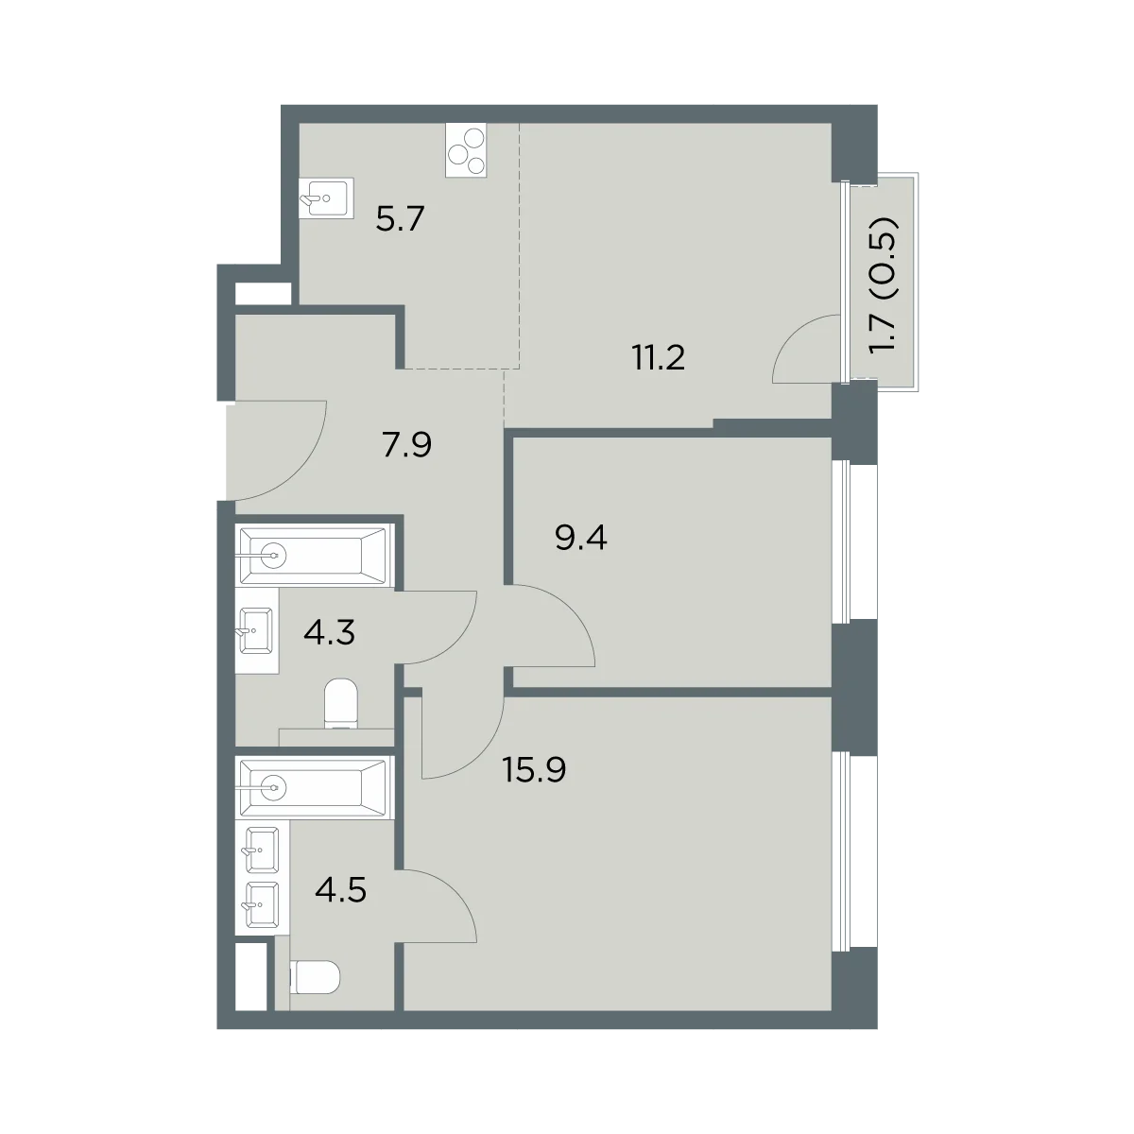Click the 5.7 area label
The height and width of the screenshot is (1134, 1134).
click(x=400, y=219)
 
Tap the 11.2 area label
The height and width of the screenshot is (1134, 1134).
click(x=659, y=357)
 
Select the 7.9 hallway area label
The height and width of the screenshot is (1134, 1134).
click(x=406, y=444)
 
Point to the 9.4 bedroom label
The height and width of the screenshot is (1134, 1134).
click(x=581, y=538)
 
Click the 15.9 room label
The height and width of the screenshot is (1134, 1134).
click(x=534, y=769)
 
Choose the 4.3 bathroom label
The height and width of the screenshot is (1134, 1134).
click(x=330, y=632)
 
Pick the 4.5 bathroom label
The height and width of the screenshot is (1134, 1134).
click(x=341, y=889)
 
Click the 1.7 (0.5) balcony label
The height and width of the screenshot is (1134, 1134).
click(x=884, y=284)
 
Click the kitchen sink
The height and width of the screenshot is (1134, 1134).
click(x=326, y=198)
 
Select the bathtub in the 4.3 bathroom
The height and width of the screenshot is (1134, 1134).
click(x=315, y=556)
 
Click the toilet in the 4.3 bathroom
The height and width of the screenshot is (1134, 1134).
click(x=341, y=703)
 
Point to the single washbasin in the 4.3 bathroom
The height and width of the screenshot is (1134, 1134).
click(x=257, y=630)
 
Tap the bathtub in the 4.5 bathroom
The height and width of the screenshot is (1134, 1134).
click(x=315, y=786)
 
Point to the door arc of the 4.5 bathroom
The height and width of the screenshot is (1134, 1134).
click(x=454, y=895)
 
